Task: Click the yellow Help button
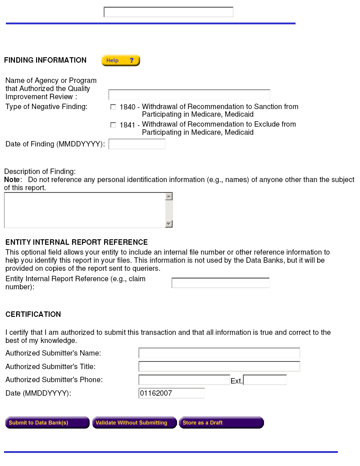(x=120, y=60)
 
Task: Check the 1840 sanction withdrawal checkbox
(x=113, y=107)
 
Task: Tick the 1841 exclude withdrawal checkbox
(x=113, y=125)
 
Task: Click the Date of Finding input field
(x=137, y=144)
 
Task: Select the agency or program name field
(x=189, y=95)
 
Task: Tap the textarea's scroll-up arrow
(x=169, y=196)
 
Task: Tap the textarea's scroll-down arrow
(x=169, y=224)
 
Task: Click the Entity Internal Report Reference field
(x=220, y=283)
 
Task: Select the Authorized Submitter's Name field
(x=219, y=353)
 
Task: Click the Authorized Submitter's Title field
(x=219, y=366)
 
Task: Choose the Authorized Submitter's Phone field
(x=184, y=380)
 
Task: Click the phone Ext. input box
(x=265, y=380)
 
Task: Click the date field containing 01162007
(x=172, y=393)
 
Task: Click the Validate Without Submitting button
(x=134, y=423)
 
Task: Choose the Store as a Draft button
(x=221, y=423)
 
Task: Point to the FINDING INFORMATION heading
(x=45, y=60)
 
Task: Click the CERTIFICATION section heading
(x=33, y=315)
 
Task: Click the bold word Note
(x=12, y=180)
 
